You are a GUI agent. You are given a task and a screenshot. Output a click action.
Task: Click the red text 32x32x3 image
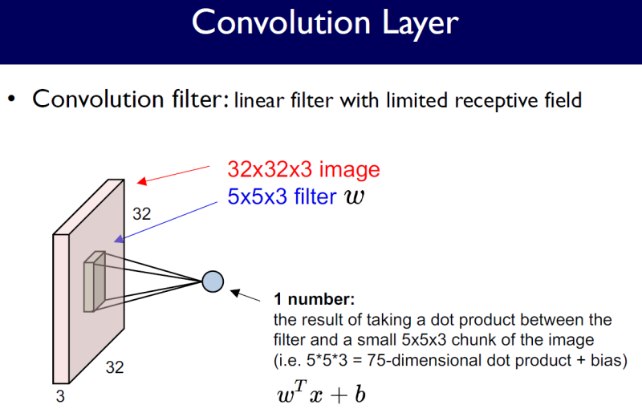click(x=303, y=170)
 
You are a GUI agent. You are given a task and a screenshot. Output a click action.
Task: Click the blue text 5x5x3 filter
click(x=282, y=197)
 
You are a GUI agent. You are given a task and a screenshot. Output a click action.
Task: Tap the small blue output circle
click(x=213, y=281)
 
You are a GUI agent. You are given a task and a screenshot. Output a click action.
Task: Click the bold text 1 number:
click(x=314, y=301)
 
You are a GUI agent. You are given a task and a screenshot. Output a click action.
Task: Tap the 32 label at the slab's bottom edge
click(x=115, y=368)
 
